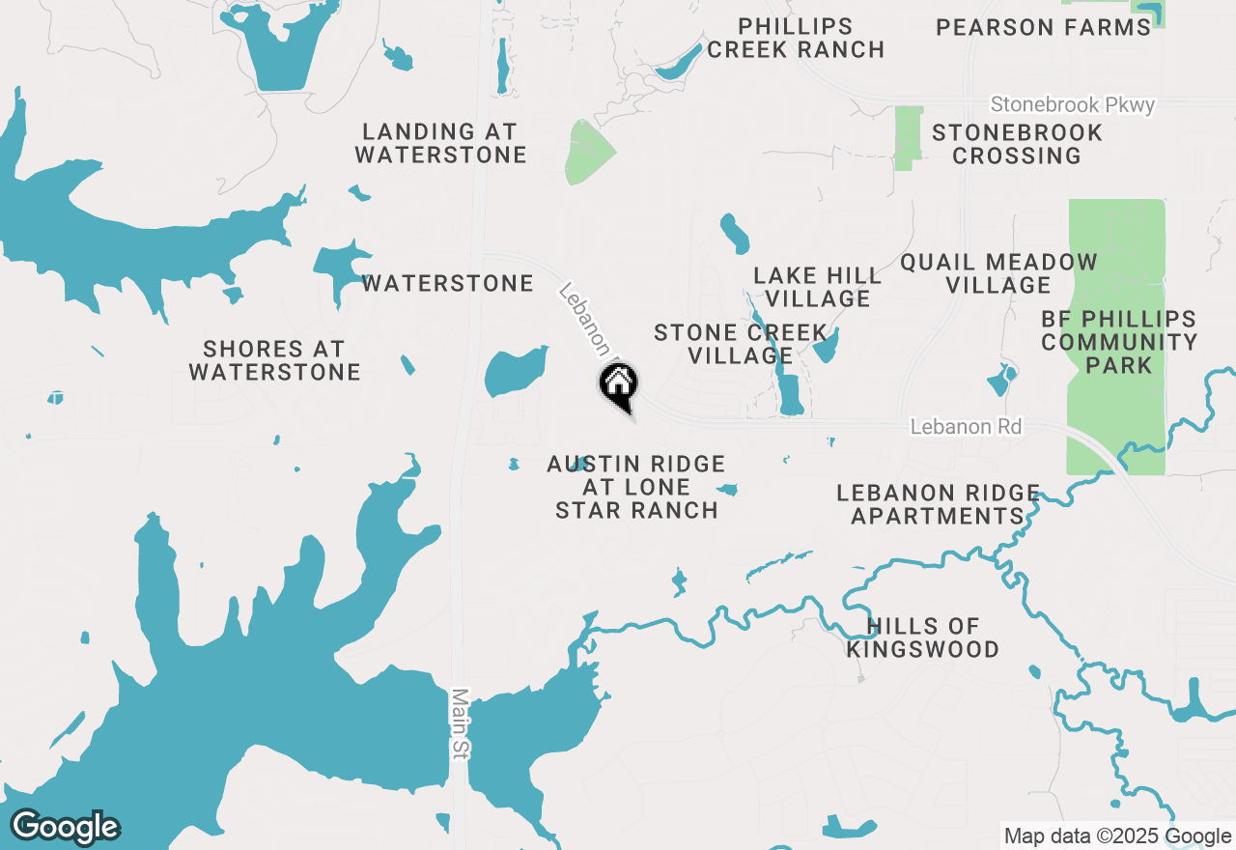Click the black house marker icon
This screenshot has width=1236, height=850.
click(x=618, y=384)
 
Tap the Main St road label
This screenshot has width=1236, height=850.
click(x=460, y=723)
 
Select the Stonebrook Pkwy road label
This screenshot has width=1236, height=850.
click(x=1073, y=104)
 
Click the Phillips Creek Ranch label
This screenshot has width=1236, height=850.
click(x=796, y=39)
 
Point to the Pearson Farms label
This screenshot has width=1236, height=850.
click(x=1044, y=27)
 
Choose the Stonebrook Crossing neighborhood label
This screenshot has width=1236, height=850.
click(x=1017, y=144)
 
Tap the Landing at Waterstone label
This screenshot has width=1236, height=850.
click(x=440, y=143)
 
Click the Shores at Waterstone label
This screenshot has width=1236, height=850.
click(x=274, y=360)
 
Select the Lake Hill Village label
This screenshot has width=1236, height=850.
click(x=818, y=287)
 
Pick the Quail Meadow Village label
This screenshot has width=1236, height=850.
click(x=998, y=273)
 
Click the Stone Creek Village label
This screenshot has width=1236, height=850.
click(x=740, y=344)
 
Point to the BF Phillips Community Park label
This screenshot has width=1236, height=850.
click(x=1119, y=342)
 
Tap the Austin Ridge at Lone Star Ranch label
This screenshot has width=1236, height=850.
click(x=636, y=487)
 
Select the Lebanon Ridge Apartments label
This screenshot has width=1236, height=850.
click(x=938, y=504)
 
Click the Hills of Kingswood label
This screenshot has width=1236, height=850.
click(x=922, y=637)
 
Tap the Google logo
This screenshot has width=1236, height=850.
click(x=65, y=827)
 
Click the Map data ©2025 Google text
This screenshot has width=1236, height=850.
click(x=1117, y=836)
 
